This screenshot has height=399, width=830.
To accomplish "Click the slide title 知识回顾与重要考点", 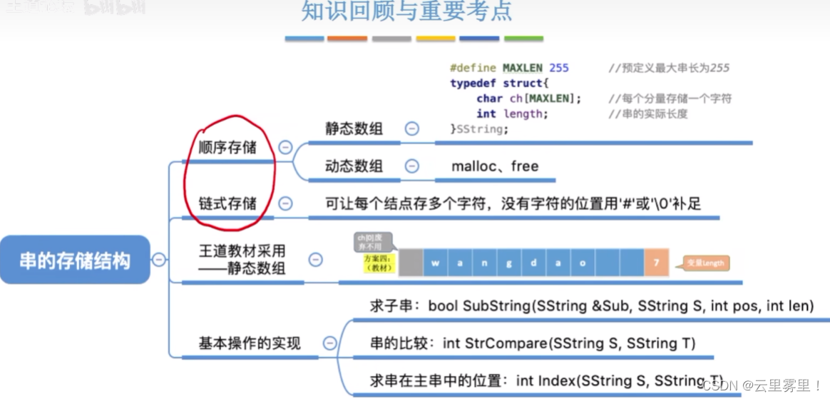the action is point(406,12).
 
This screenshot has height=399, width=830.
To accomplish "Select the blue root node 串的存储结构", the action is point(75,260).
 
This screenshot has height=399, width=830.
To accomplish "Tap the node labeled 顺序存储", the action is point(227,148).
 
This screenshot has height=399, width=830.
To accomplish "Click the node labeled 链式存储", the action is point(227,203).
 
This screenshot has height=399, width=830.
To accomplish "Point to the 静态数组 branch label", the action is point(354,128).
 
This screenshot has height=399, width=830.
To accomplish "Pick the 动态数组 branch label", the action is point(354,166).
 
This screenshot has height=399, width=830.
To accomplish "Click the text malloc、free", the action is point(495,166).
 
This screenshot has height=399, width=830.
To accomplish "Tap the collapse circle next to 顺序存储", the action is point(285,148).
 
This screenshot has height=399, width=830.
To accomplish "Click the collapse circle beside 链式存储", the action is point(285,203).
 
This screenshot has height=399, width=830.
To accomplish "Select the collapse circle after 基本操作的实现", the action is point(329,343).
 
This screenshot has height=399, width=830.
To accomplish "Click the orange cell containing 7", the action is point(655,263).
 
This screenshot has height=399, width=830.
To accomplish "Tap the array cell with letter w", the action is point(435,263).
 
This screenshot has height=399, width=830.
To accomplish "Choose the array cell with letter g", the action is point(508,263).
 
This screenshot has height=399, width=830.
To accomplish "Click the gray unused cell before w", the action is point(410,263).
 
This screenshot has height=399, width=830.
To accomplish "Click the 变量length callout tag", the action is point(705,263).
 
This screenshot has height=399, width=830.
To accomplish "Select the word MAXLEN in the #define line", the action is point(523,68).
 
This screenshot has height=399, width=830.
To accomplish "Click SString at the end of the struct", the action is point(483,129).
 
